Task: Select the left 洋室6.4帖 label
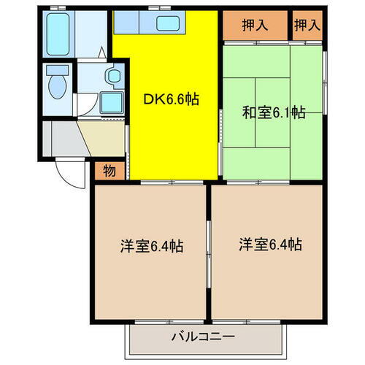point(152,246)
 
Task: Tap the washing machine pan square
point(111,102)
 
